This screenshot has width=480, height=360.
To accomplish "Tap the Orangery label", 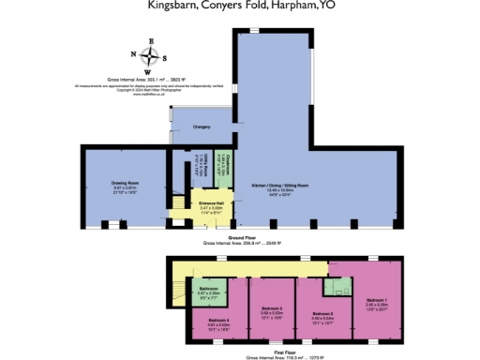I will tap(202, 126).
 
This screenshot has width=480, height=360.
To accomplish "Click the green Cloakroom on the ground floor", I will tap(222, 171).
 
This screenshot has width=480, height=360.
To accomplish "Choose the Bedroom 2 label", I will tap(322, 312).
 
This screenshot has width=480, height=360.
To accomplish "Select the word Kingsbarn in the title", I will tap(173, 6).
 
